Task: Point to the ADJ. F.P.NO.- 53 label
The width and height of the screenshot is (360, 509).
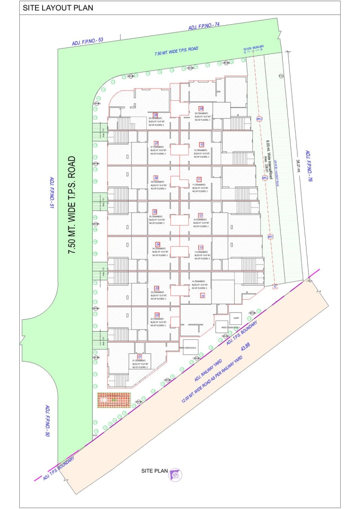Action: [x=88, y=41]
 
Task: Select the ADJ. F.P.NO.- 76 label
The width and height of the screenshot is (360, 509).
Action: [x=309, y=166]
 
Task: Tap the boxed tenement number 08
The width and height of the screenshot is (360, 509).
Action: [x=156, y=115]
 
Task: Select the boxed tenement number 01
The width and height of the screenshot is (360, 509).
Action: [x=139, y=357]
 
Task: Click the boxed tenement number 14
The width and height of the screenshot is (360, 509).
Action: [x=203, y=296]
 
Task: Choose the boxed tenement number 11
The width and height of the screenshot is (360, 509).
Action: [x=199, y=179]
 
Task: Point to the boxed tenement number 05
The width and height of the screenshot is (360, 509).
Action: [x=155, y=212]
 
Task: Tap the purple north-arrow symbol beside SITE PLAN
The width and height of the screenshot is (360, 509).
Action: [x=175, y=474]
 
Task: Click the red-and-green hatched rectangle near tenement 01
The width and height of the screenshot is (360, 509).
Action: [x=114, y=400]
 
